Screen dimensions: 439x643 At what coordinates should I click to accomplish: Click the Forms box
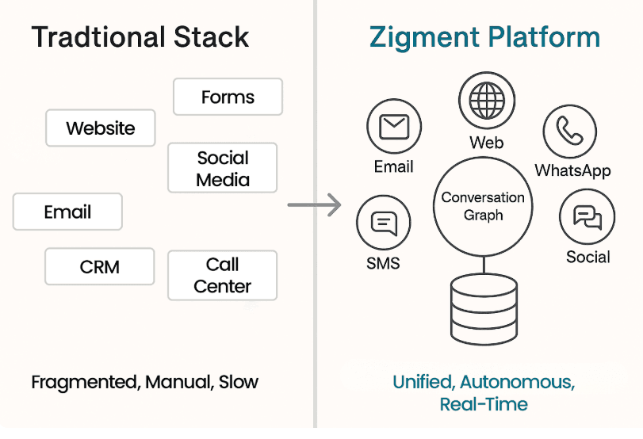click(x=228, y=97)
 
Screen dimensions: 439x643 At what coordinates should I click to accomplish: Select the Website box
click(x=101, y=128)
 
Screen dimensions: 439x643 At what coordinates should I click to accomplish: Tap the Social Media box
click(x=223, y=168)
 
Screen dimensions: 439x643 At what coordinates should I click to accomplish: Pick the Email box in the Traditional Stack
click(x=68, y=212)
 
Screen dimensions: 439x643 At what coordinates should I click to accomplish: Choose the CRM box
click(x=99, y=266)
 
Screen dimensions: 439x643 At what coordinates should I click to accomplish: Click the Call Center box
click(x=223, y=275)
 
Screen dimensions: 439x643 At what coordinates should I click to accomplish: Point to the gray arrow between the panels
click(x=314, y=205)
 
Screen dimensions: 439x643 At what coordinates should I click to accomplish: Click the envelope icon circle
click(x=394, y=127)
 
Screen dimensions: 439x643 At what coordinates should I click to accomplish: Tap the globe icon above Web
click(x=486, y=101)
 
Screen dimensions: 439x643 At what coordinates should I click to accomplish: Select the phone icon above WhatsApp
click(x=570, y=131)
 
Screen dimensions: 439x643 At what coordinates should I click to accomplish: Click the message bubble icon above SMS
click(x=384, y=224)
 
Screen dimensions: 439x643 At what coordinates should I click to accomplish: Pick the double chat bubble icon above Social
click(x=588, y=216)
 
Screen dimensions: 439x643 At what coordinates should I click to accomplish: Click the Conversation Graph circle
click(x=483, y=205)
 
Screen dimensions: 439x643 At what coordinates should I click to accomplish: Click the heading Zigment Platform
click(x=484, y=37)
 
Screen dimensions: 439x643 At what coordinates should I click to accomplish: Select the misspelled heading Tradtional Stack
click(x=140, y=37)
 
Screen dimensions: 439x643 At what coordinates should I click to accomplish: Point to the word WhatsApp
click(x=572, y=170)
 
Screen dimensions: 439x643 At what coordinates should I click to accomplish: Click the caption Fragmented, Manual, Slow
click(x=145, y=382)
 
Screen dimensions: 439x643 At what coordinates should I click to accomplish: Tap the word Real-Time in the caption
click(x=484, y=404)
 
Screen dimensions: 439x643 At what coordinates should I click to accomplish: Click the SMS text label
click(x=384, y=263)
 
